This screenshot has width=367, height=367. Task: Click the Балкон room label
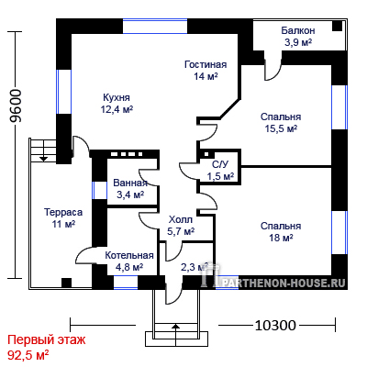pos(298,31)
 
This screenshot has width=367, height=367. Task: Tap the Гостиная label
pos(206,65)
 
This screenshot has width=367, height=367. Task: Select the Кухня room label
pos(117,97)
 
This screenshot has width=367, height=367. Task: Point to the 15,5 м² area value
pos(281,128)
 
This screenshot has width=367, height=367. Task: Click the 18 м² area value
pos(281,238)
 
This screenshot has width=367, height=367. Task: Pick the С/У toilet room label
pos(220,164)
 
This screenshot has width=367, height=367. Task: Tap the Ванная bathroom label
pos(130,183)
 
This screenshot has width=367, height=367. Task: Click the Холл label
pos(181,219)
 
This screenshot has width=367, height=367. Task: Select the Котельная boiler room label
pos(129,255)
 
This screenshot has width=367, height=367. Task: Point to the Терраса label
pos(63,212)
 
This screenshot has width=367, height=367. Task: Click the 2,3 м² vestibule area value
pos(194,267)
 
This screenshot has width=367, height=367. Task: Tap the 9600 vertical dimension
pos(16,106)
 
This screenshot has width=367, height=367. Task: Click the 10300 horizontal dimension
pos(275,326)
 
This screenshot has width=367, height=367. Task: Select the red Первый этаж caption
pos(47,339)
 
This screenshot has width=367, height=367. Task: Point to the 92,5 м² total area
pos(28,355)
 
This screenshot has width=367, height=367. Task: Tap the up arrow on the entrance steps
pos(175,331)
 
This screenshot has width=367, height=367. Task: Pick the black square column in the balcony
pos(337,26)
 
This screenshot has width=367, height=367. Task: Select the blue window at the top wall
pos(155,27)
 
